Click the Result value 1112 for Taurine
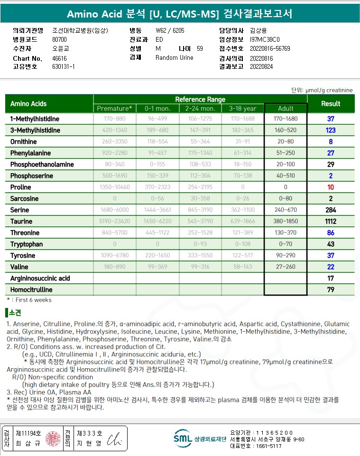(x=331, y=221)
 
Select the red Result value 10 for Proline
(x=331, y=187)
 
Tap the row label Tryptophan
(x=27, y=244)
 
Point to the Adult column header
(x=286, y=108)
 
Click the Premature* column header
(x=115, y=108)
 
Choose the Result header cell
(x=331, y=103)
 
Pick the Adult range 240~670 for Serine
(x=286, y=210)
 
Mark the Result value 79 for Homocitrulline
(x=331, y=289)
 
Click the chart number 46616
(x=59, y=58)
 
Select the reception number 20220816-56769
(x=270, y=48)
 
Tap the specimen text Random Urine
(x=174, y=57)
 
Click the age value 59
(x=200, y=48)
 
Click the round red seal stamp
(x=53, y=438)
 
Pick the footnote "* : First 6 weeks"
(x=29, y=300)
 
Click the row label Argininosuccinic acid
(x=40, y=278)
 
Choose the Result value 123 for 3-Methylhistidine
(x=331, y=130)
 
